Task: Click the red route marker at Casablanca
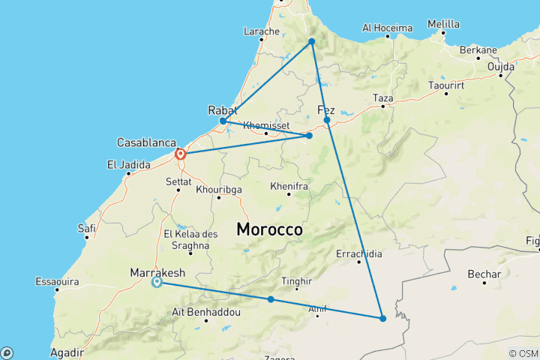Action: pyautogui.click(x=181, y=154)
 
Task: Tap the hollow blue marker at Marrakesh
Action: pyautogui.click(x=157, y=283)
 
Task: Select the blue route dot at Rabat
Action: pyautogui.click(x=223, y=121)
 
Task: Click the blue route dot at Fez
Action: pyautogui.click(x=327, y=120)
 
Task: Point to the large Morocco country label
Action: pyautogui.click(x=269, y=229)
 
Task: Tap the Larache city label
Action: pyautogui.click(x=262, y=31)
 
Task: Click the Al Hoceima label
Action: pyautogui.click(x=387, y=28)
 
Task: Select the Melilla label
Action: pyautogui.click(x=443, y=24)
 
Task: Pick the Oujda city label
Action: pyautogui.click(x=500, y=66)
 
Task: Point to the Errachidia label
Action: pyautogui.click(x=359, y=253)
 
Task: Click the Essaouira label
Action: pyautogui.click(x=58, y=282)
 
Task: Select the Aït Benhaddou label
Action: pyautogui.click(x=196, y=311)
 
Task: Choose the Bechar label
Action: pyautogui.click(x=484, y=274)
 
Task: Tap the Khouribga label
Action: pyautogui.click(x=219, y=190)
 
